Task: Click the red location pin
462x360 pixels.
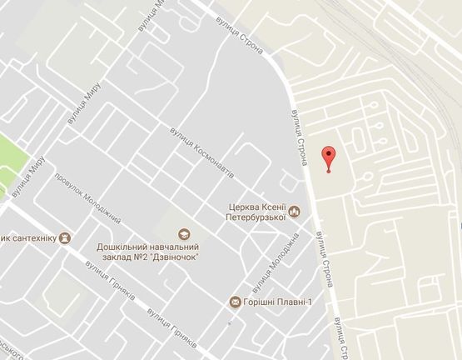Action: pyautogui.click(x=329, y=157)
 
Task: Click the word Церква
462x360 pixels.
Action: pyautogui.click(x=246, y=207)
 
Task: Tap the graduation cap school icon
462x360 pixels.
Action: pyautogui.click(x=185, y=234)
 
